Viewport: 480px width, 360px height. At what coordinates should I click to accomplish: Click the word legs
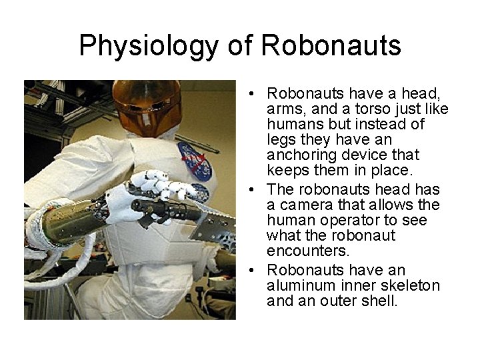point(281,139)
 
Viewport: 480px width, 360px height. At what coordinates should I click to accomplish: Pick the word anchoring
point(300,155)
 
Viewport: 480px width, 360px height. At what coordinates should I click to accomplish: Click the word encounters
point(299,251)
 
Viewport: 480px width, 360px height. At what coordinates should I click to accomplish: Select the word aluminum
point(298,285)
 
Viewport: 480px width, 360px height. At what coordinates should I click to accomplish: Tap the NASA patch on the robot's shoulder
point(194,161)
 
